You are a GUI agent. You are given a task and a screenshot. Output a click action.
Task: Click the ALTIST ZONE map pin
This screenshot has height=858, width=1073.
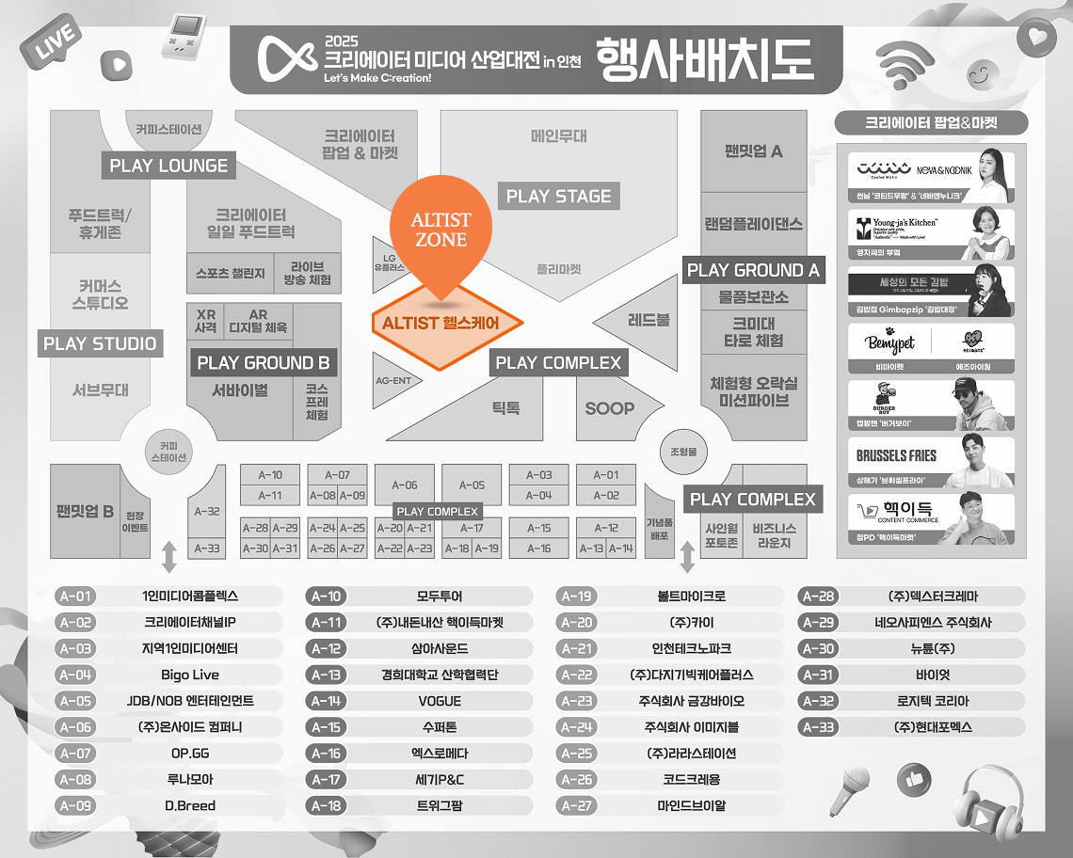[x=440, y=230]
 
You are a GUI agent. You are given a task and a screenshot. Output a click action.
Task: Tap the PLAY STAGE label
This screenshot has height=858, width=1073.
[x=558, y=197]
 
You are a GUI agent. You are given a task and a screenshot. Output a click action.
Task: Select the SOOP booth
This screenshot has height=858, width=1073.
[x=609, y=408]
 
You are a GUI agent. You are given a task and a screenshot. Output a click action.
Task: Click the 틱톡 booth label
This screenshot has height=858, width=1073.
[x=505, y=408]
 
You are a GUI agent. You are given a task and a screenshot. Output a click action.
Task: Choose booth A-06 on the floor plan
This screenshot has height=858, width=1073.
[x=405, y=485]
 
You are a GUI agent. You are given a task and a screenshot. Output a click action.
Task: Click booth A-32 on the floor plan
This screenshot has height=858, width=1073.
[x=206, y=512]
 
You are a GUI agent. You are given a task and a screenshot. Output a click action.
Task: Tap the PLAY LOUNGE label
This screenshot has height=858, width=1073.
[x=168, y=166]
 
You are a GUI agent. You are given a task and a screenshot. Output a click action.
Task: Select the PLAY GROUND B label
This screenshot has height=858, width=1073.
[x=263, y=363]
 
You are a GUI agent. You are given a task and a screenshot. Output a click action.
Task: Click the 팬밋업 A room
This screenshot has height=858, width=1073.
[x=753, y=151]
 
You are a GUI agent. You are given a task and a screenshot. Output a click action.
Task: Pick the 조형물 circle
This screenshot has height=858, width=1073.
[x=683, y=452]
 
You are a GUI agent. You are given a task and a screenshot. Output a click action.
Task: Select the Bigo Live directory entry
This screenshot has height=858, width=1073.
[x=189, y=675]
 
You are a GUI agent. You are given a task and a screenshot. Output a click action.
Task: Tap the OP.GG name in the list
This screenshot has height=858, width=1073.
[x=189, y=754]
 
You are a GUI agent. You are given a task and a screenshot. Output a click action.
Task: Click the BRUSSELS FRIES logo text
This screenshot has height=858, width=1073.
[x=896, y=455]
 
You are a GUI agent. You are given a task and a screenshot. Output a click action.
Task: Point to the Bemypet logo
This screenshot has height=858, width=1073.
[x=889, y=343]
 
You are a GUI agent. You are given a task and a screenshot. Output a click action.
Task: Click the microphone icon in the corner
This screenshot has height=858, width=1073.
[x=849, y=789]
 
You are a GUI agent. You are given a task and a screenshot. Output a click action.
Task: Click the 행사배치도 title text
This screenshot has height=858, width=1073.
[x=704, y=58]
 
